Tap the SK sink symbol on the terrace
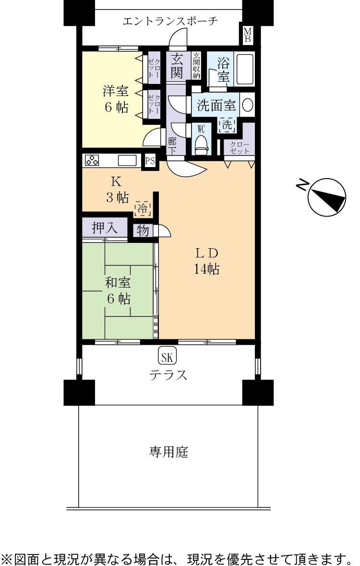click(x=167, y=356)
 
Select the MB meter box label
click(x=248, y=36)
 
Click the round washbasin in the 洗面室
click(x=248, y=106)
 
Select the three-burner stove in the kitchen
click(x=92, y=160)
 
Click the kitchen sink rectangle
click(x=128, y=160)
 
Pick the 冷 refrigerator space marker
click(x=143, y=209)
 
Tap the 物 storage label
click(x=143, y=231)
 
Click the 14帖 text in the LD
click(x=206, y=269)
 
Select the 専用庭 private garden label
click(x=168, y=452)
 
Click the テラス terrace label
click(x=168, y=375)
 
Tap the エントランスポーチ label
click(x=170, y=21)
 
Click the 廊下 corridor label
click(x=172, y=145)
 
